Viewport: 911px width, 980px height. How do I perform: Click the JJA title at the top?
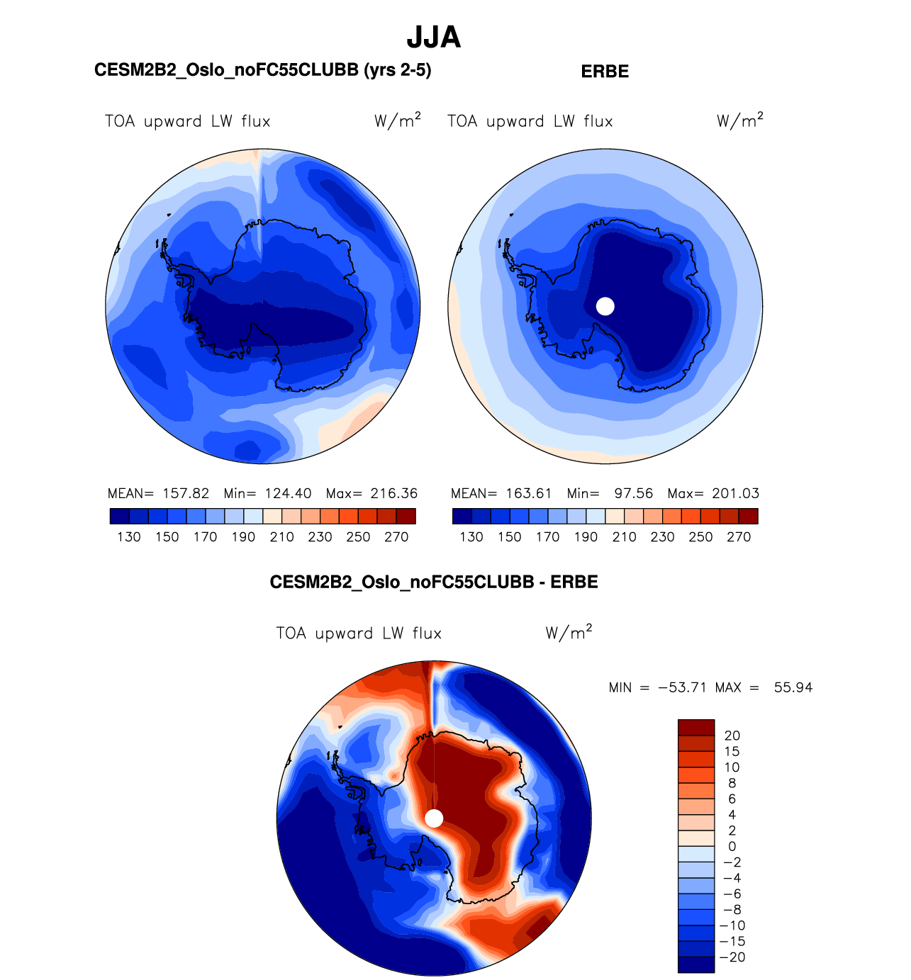pos(434,38)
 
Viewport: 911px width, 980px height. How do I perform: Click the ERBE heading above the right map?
pos(605,72)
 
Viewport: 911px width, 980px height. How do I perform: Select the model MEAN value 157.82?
pos(186,493)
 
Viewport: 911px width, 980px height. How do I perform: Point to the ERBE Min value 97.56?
pos(633,493)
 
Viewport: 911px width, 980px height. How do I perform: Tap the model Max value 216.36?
pos(394,493)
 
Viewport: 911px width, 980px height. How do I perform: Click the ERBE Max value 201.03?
pos(735,493)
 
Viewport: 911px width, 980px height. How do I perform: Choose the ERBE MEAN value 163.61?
pos(529,493)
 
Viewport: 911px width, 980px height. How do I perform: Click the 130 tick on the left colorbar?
pos(129,537)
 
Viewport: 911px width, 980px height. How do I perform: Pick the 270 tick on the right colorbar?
pos(739,537)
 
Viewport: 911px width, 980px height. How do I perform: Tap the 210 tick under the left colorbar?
pos(281,537)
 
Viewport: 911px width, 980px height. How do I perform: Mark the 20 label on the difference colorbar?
pos(732,736)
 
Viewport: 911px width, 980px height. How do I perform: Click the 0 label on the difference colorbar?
pos(732,846)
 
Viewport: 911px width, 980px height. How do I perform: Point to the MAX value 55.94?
pos(793,687)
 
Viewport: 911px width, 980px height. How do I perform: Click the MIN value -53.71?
pos(682,687)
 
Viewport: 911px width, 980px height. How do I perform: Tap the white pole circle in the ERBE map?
pos(605,306)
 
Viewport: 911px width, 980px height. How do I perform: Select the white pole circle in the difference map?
pos(434,818)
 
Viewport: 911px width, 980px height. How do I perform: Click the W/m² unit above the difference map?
pos(569,632)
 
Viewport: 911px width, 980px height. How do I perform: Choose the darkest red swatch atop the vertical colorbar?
pos(696,727)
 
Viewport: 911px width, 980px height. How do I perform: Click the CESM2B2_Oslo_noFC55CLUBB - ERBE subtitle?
pos(434,582)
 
